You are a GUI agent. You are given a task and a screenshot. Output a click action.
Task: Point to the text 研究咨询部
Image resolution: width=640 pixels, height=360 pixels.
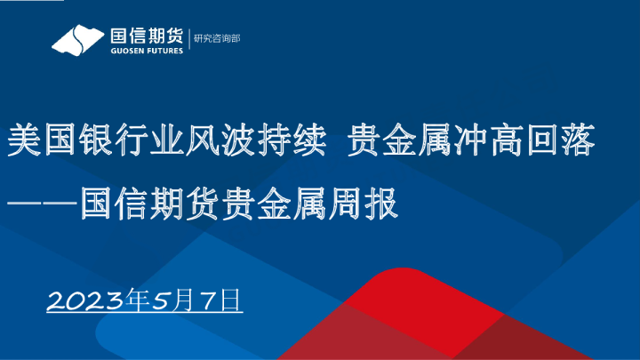coord(217,39)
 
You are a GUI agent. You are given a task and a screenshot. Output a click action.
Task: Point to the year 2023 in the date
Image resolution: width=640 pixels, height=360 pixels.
coord(84,300)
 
